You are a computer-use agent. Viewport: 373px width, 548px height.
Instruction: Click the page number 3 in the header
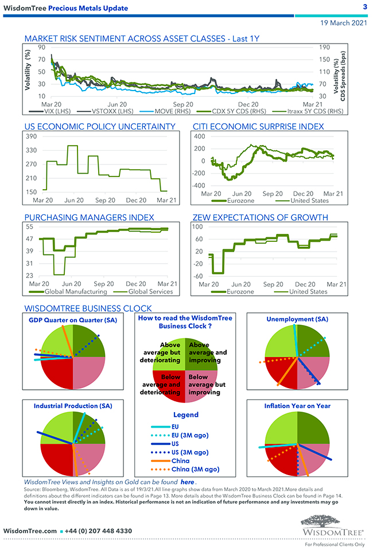(365, 6)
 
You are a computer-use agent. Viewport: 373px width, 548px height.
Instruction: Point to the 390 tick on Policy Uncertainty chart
(31, 136)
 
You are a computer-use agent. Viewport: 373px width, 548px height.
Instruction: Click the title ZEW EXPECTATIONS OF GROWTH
(268, 217)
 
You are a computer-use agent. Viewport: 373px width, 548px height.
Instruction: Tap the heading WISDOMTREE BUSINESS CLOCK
(88, 308)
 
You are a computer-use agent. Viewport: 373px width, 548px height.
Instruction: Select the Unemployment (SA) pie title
(297, 319)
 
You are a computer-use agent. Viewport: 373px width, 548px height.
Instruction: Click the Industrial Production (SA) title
(73, 406)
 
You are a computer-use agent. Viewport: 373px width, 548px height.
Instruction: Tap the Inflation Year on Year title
(297, 406)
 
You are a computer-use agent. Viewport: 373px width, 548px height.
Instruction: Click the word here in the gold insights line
(187, 483)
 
